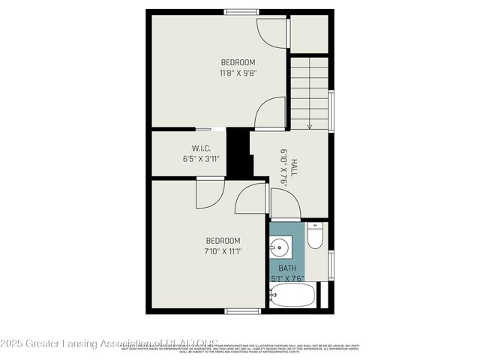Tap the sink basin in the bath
(x=281, y=246)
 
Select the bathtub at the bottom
(x=292, y=295)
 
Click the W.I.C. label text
(x=200, y=147)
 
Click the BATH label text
(x=287, y=268)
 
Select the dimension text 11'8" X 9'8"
(x=238, y=73)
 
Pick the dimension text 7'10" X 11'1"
(x=223, y=252)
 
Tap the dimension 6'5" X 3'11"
(x=200, y=159)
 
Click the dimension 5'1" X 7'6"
(x=287, y=279)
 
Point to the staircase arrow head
(x=310, y=126)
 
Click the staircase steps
(x=309, y=90)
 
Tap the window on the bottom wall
(x=242, y=310)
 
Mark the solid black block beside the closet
(x=238, y=154)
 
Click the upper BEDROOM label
(x=238, y=61)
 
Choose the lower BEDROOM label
(x=223, y=240)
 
